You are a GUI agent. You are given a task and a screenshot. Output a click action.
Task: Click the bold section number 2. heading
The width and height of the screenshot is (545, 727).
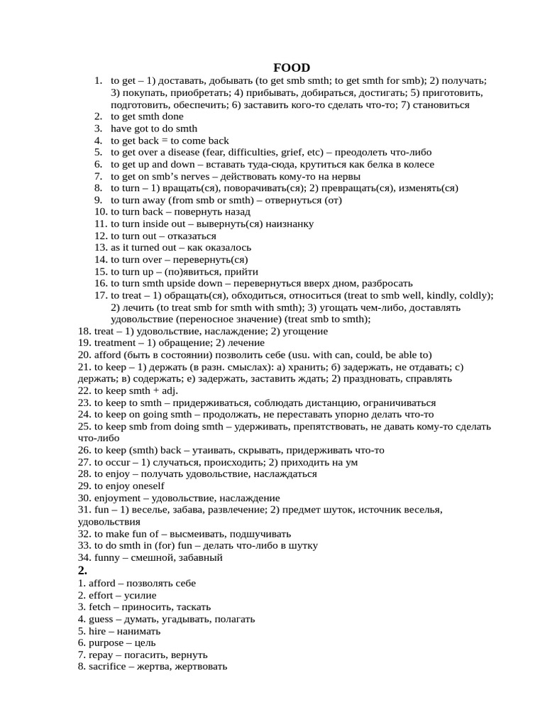[x=82, y=570]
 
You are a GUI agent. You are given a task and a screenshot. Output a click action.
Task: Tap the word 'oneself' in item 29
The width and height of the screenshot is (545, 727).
[x=147, y=486]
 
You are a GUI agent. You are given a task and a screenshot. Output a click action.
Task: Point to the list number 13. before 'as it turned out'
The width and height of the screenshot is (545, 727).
[x=100, y=248]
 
